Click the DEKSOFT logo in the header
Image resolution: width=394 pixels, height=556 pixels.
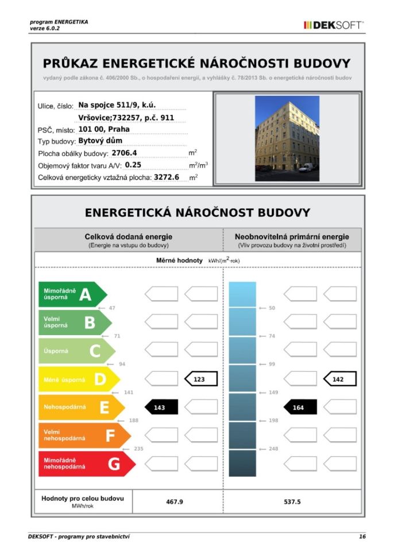(x=333, y=25)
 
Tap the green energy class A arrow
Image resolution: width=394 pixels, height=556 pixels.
(x=72, y=295)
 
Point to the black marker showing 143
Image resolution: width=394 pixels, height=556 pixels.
(x=161, y=407)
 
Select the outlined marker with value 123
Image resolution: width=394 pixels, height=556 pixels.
(x=201, y=379)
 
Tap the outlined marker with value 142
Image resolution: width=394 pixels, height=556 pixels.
(x=339, y=379)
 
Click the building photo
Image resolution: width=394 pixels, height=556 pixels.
(x=287, y=138)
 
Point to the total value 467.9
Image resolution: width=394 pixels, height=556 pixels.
(x=174, y=502)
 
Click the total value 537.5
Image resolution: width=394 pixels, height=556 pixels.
(x=292, y=502)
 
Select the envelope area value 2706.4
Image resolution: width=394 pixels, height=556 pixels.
(x=124, y=153)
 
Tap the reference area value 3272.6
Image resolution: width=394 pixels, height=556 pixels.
(x=167, y=177)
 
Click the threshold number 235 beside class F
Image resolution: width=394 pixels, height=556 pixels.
(x=138, y=449)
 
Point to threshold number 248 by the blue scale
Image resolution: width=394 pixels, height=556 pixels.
(x=273, y=449)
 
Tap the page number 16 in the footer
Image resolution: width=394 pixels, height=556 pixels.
(x=362, y=536)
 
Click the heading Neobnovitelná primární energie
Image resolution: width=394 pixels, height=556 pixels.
(x=291, y=236)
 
